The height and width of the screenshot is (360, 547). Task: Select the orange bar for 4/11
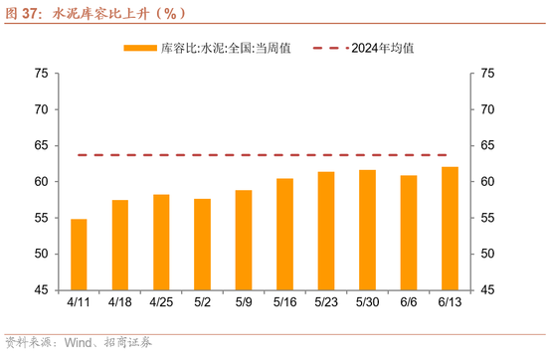coord(79,255)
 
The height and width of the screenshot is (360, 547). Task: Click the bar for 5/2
coord(202,245)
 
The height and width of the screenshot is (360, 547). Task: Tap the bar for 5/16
coord(284,235)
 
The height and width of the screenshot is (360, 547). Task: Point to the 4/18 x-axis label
coord(119,301)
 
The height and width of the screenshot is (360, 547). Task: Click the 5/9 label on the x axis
coord(244,301)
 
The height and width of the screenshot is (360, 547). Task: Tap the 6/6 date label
coord(409,301)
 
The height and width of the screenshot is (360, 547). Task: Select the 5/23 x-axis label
coord(326,301)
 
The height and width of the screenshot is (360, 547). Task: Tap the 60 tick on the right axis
coord(487,182)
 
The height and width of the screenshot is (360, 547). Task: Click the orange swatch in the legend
coord(139,48)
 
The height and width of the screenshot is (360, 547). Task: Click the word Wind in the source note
coord(79,343)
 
